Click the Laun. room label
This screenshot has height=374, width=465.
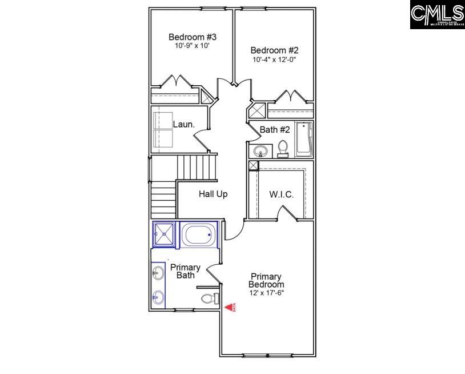(184, 124)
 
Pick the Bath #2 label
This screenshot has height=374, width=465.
(275, 130)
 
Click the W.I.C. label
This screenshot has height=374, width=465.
(281, 194)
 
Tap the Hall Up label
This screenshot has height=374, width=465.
(213, 194)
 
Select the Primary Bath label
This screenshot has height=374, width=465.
(185, 271)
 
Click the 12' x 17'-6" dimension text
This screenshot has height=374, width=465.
(267, 293)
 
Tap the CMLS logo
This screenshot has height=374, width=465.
(437, 15)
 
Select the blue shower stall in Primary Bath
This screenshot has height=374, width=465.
(165, 234)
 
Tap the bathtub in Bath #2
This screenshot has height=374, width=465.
(303, 138)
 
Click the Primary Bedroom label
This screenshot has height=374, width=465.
(267, 280)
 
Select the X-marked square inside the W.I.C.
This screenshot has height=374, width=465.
(254, 165)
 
